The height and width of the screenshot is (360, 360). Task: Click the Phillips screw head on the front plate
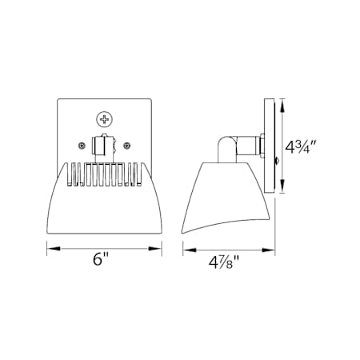tap(105, 119)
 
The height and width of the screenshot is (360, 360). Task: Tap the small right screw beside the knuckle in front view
tap(126, 145)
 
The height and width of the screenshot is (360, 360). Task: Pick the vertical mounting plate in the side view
tap(273, 146)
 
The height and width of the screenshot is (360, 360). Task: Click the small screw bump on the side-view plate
tap(277, 162)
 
